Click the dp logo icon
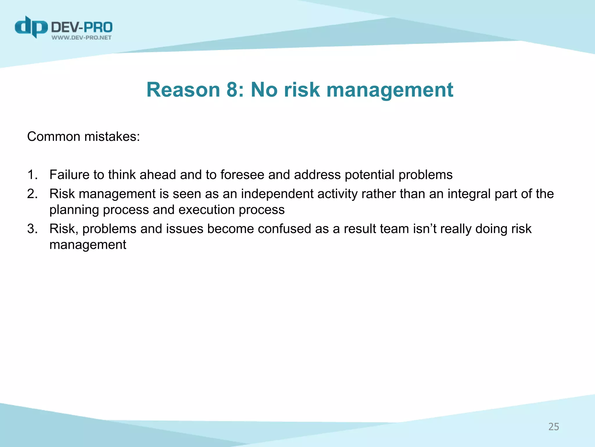click(x=31, y=27)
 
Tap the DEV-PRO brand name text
click(x=82, y=27)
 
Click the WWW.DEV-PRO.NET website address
click(x=82, y=38)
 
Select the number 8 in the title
click(x=232, y=90)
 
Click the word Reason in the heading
click(x=183, y=90)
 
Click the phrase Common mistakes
click(x=83, y=136)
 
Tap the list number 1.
click(x=32, y=175)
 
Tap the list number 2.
click(x=32, y=194)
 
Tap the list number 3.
click(x=32, y=229)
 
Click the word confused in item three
click(x=284, y=229)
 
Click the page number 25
click(x=553, y=427)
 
